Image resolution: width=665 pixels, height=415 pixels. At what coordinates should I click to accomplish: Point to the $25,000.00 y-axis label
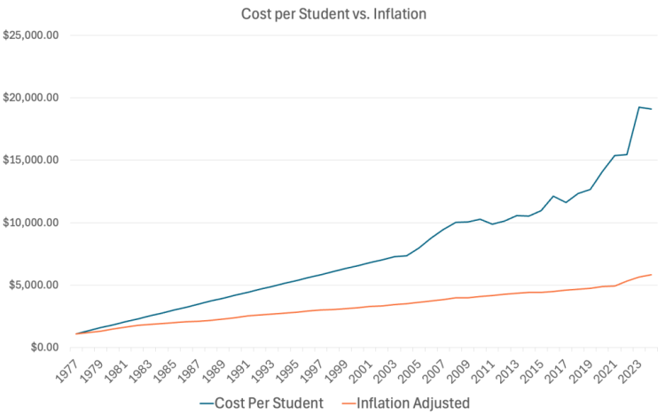(32, 35)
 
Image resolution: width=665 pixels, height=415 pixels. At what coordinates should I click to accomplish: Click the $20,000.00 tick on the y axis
(32, 98)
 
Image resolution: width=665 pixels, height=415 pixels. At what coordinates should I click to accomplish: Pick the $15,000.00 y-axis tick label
(32, 161)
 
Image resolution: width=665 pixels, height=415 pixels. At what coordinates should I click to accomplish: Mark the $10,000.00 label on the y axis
(32, 223)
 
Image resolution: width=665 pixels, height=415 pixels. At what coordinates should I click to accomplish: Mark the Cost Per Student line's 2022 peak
(638, 107)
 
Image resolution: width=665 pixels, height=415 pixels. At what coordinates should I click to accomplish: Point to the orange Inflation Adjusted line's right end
(652, 275)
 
